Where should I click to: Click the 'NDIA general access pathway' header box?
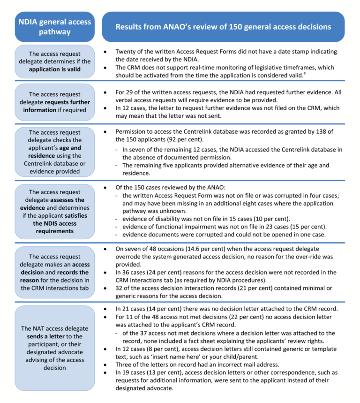point(55,27)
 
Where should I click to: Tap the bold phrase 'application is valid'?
point(55,69)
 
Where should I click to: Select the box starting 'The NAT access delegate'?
point(55,345)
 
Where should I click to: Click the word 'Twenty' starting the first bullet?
point(127,52)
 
